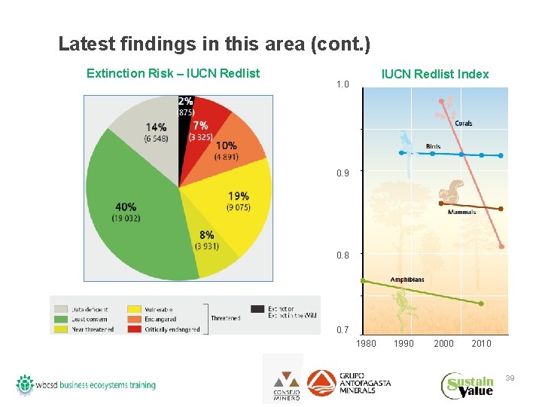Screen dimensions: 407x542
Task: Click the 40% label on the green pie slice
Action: point(126,206)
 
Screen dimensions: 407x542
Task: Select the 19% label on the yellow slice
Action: point(238,196)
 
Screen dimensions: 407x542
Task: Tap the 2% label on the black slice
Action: point(185,101)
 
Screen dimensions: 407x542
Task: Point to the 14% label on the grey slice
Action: point(157,127)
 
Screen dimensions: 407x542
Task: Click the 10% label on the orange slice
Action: point(226,145)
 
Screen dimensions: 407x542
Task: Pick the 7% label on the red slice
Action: point(201,126)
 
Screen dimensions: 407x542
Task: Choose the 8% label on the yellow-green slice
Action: point(206,234)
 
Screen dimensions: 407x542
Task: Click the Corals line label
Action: point(463,124)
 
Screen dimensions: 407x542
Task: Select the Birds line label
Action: point(433,146)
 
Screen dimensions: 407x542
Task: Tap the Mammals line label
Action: point(461,213)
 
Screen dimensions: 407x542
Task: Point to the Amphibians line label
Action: point(406,280)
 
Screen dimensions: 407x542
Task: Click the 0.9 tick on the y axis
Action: point(343,173)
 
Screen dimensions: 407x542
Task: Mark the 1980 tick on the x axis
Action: point(366,344)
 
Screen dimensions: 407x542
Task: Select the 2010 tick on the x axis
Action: point(481,344)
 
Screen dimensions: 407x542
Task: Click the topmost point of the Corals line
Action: point(441,101)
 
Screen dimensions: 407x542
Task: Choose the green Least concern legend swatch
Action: point(61,319)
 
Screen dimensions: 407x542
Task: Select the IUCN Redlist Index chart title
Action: point(434,74)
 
